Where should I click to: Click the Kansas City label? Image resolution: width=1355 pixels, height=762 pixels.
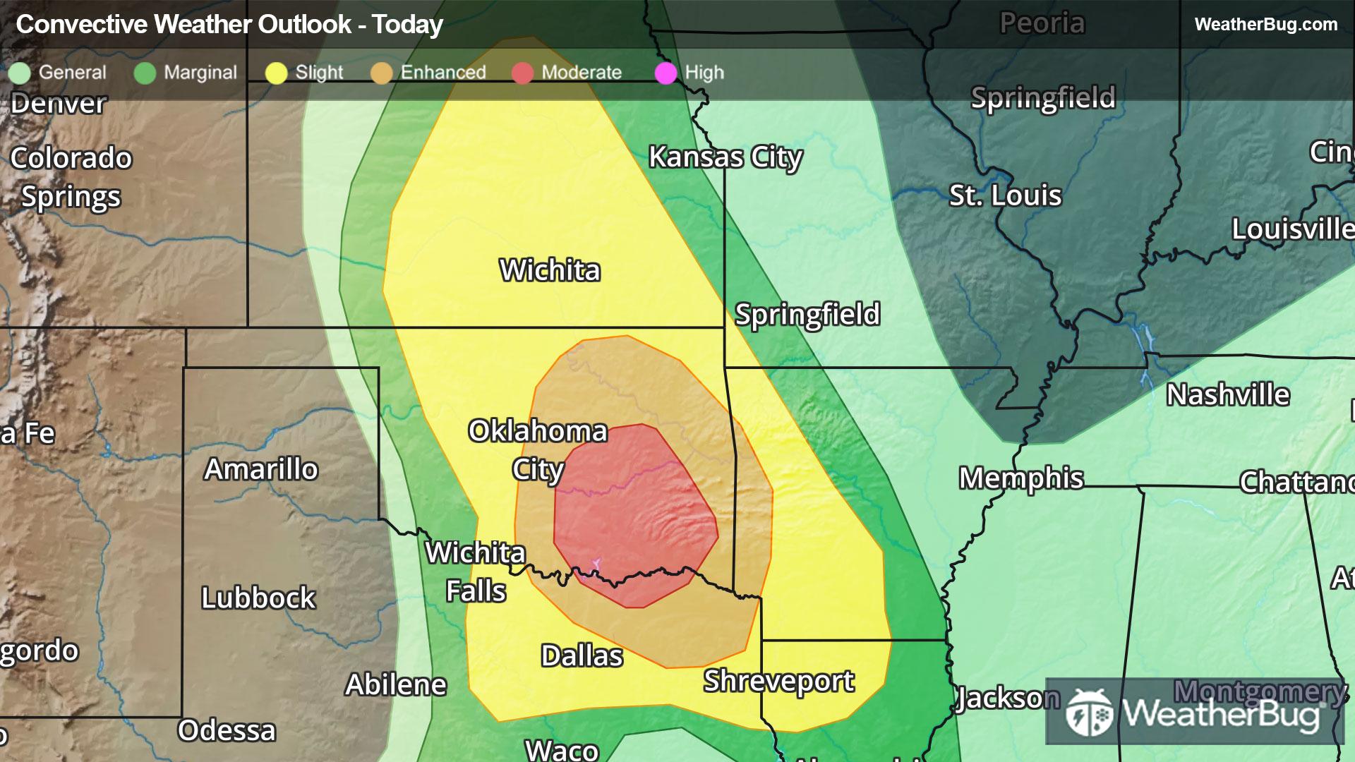pos(725,157)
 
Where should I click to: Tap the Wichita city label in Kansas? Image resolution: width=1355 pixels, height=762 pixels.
pos(550,270)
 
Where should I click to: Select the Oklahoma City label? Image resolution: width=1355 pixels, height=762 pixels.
pos(538,450)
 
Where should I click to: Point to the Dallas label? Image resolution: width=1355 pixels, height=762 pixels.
pos(582,656)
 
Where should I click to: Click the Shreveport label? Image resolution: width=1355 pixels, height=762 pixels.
pos(778,681)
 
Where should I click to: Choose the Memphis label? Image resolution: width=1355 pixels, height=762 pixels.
pos(1020,478)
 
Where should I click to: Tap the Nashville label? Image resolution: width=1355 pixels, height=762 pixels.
pos(1227,395)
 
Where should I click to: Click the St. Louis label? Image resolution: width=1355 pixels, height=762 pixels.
pos(1004,195)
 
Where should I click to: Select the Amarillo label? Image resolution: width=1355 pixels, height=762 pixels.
pos(261,469)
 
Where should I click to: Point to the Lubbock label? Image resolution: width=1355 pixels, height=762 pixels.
pos(258,598)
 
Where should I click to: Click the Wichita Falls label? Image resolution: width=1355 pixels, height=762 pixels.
pos(476,572)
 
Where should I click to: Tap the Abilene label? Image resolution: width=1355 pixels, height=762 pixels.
pos(395,685)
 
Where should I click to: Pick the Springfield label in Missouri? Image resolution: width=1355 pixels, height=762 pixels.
pos(807,315)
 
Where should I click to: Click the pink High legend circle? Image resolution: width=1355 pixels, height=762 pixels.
pos(666,73)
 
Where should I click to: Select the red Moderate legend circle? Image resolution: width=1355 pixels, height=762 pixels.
pos(522,73)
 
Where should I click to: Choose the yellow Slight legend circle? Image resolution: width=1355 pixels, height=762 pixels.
pos(276,73)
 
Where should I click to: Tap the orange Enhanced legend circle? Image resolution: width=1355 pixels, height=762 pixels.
pos(381,73)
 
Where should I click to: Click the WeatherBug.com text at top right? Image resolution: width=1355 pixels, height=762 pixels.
pos(1265,25)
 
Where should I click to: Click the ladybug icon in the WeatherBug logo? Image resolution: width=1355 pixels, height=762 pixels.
pos(1090,713)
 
